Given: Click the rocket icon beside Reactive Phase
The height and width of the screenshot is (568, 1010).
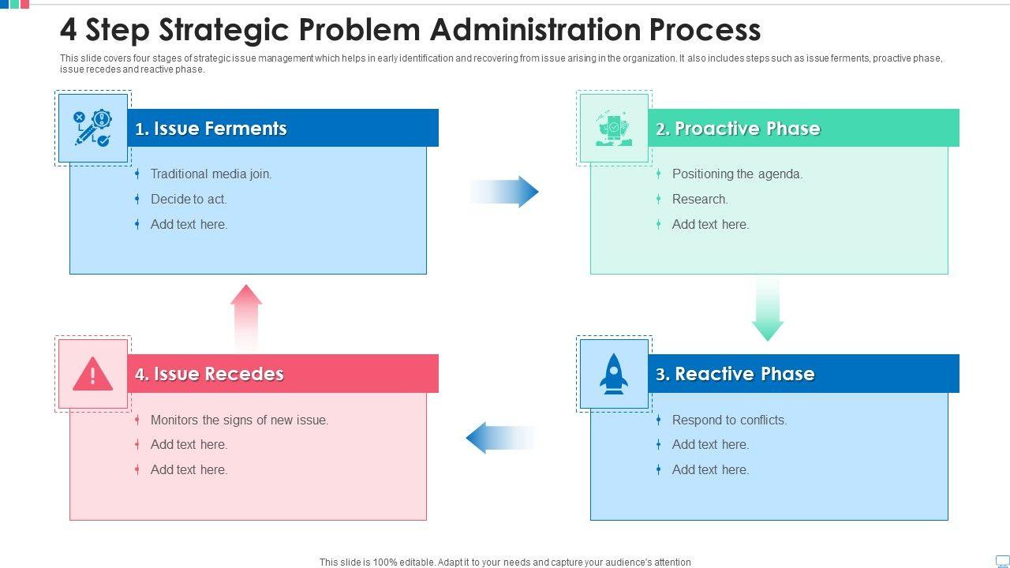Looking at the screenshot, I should click(614, 374).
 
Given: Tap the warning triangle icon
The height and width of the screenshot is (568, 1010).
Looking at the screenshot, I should click(92, 374).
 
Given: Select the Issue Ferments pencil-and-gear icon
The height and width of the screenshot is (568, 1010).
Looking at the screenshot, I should click(92, 129).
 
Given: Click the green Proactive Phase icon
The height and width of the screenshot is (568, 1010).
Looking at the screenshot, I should click(614, 129).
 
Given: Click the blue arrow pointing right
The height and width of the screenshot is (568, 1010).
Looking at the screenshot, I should click(505, 192).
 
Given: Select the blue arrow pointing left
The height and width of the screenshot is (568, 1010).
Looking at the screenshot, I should click(499, 438).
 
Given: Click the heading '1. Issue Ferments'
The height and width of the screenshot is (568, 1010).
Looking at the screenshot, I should click(211, 129).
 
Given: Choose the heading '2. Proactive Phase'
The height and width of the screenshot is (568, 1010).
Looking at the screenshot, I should click(738, 129).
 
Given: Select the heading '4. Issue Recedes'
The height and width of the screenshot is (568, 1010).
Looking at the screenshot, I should click(209, 374).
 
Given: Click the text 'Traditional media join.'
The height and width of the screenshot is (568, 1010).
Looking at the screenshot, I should click(211, 174).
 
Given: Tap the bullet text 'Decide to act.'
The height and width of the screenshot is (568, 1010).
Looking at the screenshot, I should click(189, 200).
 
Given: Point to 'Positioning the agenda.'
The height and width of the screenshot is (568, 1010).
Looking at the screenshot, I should click(737, 174).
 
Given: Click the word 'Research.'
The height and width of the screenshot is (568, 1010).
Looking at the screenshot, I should click(700, 200).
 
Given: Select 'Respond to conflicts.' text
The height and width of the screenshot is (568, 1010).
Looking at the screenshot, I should click(729, 420).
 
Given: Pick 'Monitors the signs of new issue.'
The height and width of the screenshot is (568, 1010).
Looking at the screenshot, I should click(239, 420).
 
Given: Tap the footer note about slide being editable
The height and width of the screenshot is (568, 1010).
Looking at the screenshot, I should click(505, 562).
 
